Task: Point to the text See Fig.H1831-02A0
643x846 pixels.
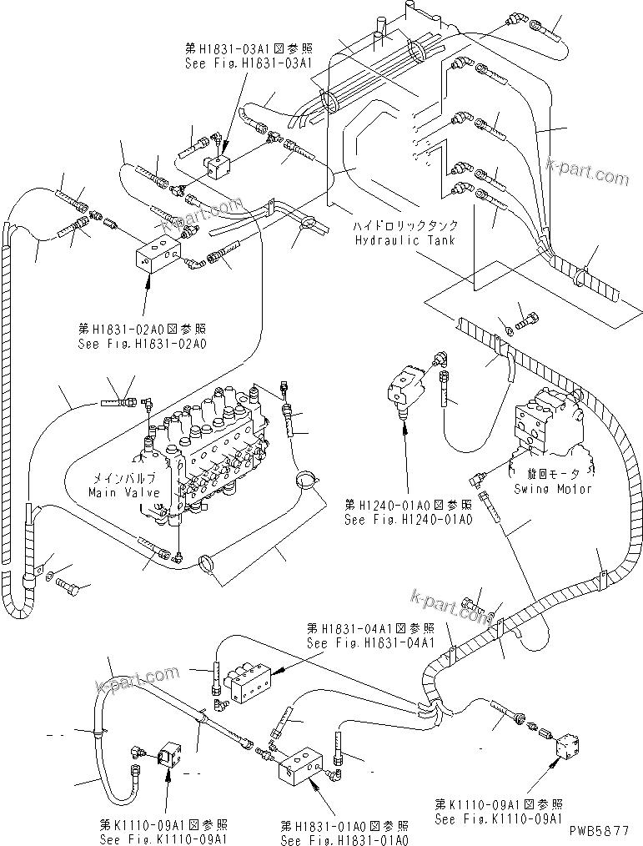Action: click(x=143, y=342)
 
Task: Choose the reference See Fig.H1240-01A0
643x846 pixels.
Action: click(x=409, y=519)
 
